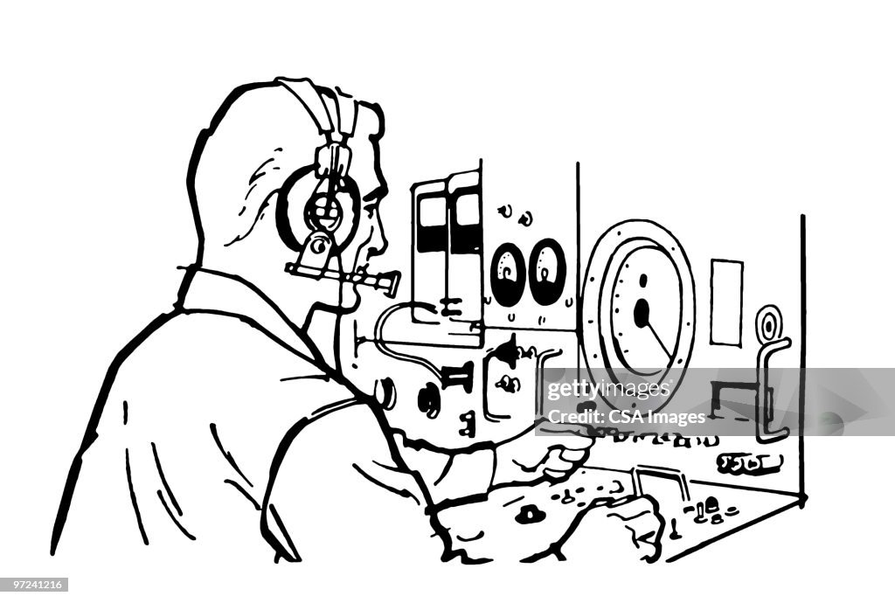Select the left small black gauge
point(508,273)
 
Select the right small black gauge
point(547,272)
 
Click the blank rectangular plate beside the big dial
point(726,301)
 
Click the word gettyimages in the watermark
point(604,389)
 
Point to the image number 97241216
point(35,584)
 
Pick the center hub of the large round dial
point(642,311)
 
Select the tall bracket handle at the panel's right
point(774,385)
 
